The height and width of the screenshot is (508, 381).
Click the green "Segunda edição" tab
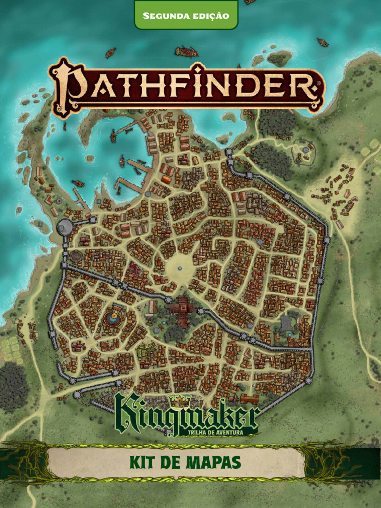[x=186, y=15]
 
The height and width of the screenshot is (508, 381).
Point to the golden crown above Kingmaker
[x=177, y=400]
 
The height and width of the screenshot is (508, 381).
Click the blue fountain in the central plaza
[x=180, y=268]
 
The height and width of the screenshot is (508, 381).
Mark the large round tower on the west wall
[x=64, y=227]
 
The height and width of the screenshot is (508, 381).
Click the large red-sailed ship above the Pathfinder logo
[x=187, y=51]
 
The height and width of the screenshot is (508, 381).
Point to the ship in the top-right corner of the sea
[x=323, y=42]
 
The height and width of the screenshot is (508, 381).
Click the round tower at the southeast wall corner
[x=308, y=381]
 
